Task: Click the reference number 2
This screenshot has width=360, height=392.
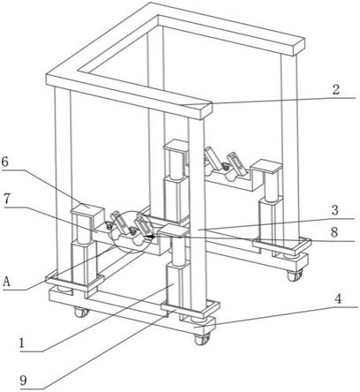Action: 336,90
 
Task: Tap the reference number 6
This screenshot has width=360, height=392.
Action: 5,162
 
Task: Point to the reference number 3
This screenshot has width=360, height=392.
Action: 334,210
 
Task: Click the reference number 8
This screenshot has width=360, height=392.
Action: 334,232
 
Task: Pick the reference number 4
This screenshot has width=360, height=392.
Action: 338,299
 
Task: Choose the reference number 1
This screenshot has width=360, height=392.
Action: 21,343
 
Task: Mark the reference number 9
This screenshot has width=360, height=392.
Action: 23,381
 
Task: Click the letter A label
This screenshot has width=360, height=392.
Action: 7,282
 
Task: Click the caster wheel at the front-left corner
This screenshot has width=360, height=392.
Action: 80,312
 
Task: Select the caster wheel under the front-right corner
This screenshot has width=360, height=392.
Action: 202,340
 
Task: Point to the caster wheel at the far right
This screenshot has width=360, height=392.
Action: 295,275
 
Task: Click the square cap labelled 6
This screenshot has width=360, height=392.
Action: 87,211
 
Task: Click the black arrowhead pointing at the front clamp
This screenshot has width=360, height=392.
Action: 150,236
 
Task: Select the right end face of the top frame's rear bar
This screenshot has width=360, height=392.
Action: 300,47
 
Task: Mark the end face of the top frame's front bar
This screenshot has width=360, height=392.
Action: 206,110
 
